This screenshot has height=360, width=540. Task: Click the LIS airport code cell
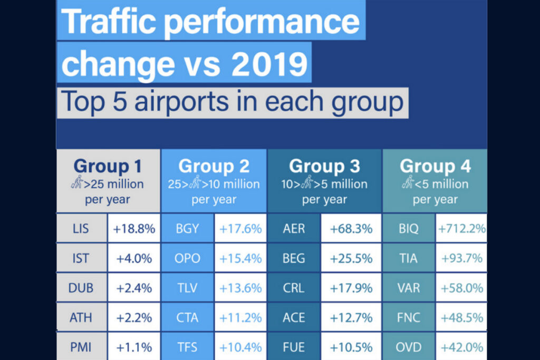(x=81, y=229)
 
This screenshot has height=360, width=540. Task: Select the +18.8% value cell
(x=134, y=229)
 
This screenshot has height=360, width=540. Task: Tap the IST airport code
(x=81, y=258)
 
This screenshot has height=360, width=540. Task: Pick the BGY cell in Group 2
(x=187, y=229)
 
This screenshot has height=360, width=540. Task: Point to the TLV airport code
(x=187, y=288)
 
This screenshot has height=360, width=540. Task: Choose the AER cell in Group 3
(x=293, y=229)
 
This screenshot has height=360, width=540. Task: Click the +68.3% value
(x=351, y=229)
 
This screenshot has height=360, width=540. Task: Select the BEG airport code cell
(x=293, y=258)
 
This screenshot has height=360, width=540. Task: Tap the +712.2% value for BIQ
(x=461, y=229)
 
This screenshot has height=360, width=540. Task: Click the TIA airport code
(x=409, y=258)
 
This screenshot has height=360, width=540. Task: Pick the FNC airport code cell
(x=409, y=317)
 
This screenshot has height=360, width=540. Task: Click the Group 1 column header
(x=108, y=166)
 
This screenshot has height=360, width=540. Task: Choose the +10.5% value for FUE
(x=351, y=347)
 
